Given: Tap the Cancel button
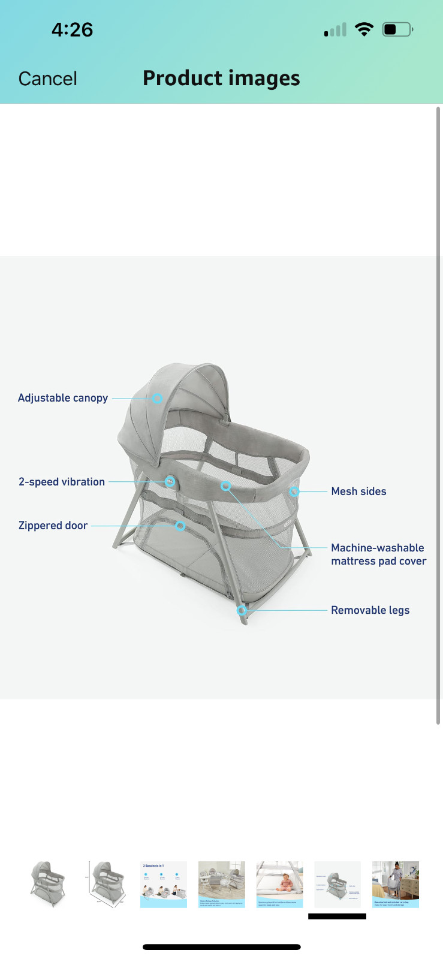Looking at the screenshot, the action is [48, 79].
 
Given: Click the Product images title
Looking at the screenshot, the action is [221, 78].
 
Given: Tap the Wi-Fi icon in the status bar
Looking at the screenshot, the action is [364, 29].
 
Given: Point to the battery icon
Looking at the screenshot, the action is [397, 29].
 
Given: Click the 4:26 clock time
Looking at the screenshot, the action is [72, 29].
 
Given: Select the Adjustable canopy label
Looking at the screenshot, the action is [63, 398].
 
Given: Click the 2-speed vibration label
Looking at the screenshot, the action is [62, 482].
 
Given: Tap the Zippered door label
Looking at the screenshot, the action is [53, 526].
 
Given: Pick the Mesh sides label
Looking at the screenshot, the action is [358, 491].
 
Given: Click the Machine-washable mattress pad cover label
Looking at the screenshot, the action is [378, 554].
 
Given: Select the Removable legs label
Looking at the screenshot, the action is [370, 610].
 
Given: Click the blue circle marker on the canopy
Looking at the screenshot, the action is [157, 398].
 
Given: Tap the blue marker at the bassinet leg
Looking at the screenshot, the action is [242, 610].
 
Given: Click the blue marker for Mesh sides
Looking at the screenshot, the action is [294, 491].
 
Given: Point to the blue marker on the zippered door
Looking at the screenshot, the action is [180, 526].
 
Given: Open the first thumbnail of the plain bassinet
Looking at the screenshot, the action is [48, 884].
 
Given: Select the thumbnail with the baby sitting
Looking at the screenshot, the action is [279, 884].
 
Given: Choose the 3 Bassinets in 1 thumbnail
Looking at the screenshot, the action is [164, 884].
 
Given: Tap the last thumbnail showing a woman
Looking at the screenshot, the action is [396, 884].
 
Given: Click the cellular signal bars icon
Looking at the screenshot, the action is [336, 30].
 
